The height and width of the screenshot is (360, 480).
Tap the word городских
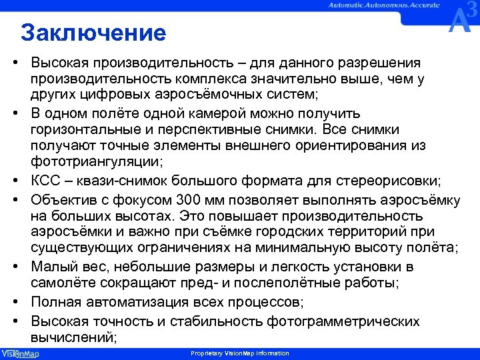[305, 233]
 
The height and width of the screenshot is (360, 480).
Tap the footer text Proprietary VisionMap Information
[239, 353]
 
